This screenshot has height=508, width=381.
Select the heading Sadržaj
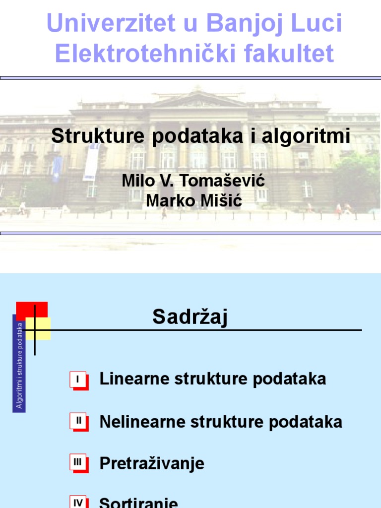(190, 317)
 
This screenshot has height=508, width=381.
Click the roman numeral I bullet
(78, 380)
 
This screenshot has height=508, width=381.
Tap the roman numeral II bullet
(78, 421)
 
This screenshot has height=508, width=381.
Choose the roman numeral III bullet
(78, 462)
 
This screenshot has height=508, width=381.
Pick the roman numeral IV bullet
(78, 503)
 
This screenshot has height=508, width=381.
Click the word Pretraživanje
(152, 464)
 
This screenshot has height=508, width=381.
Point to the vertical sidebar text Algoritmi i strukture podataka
(19, 365)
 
